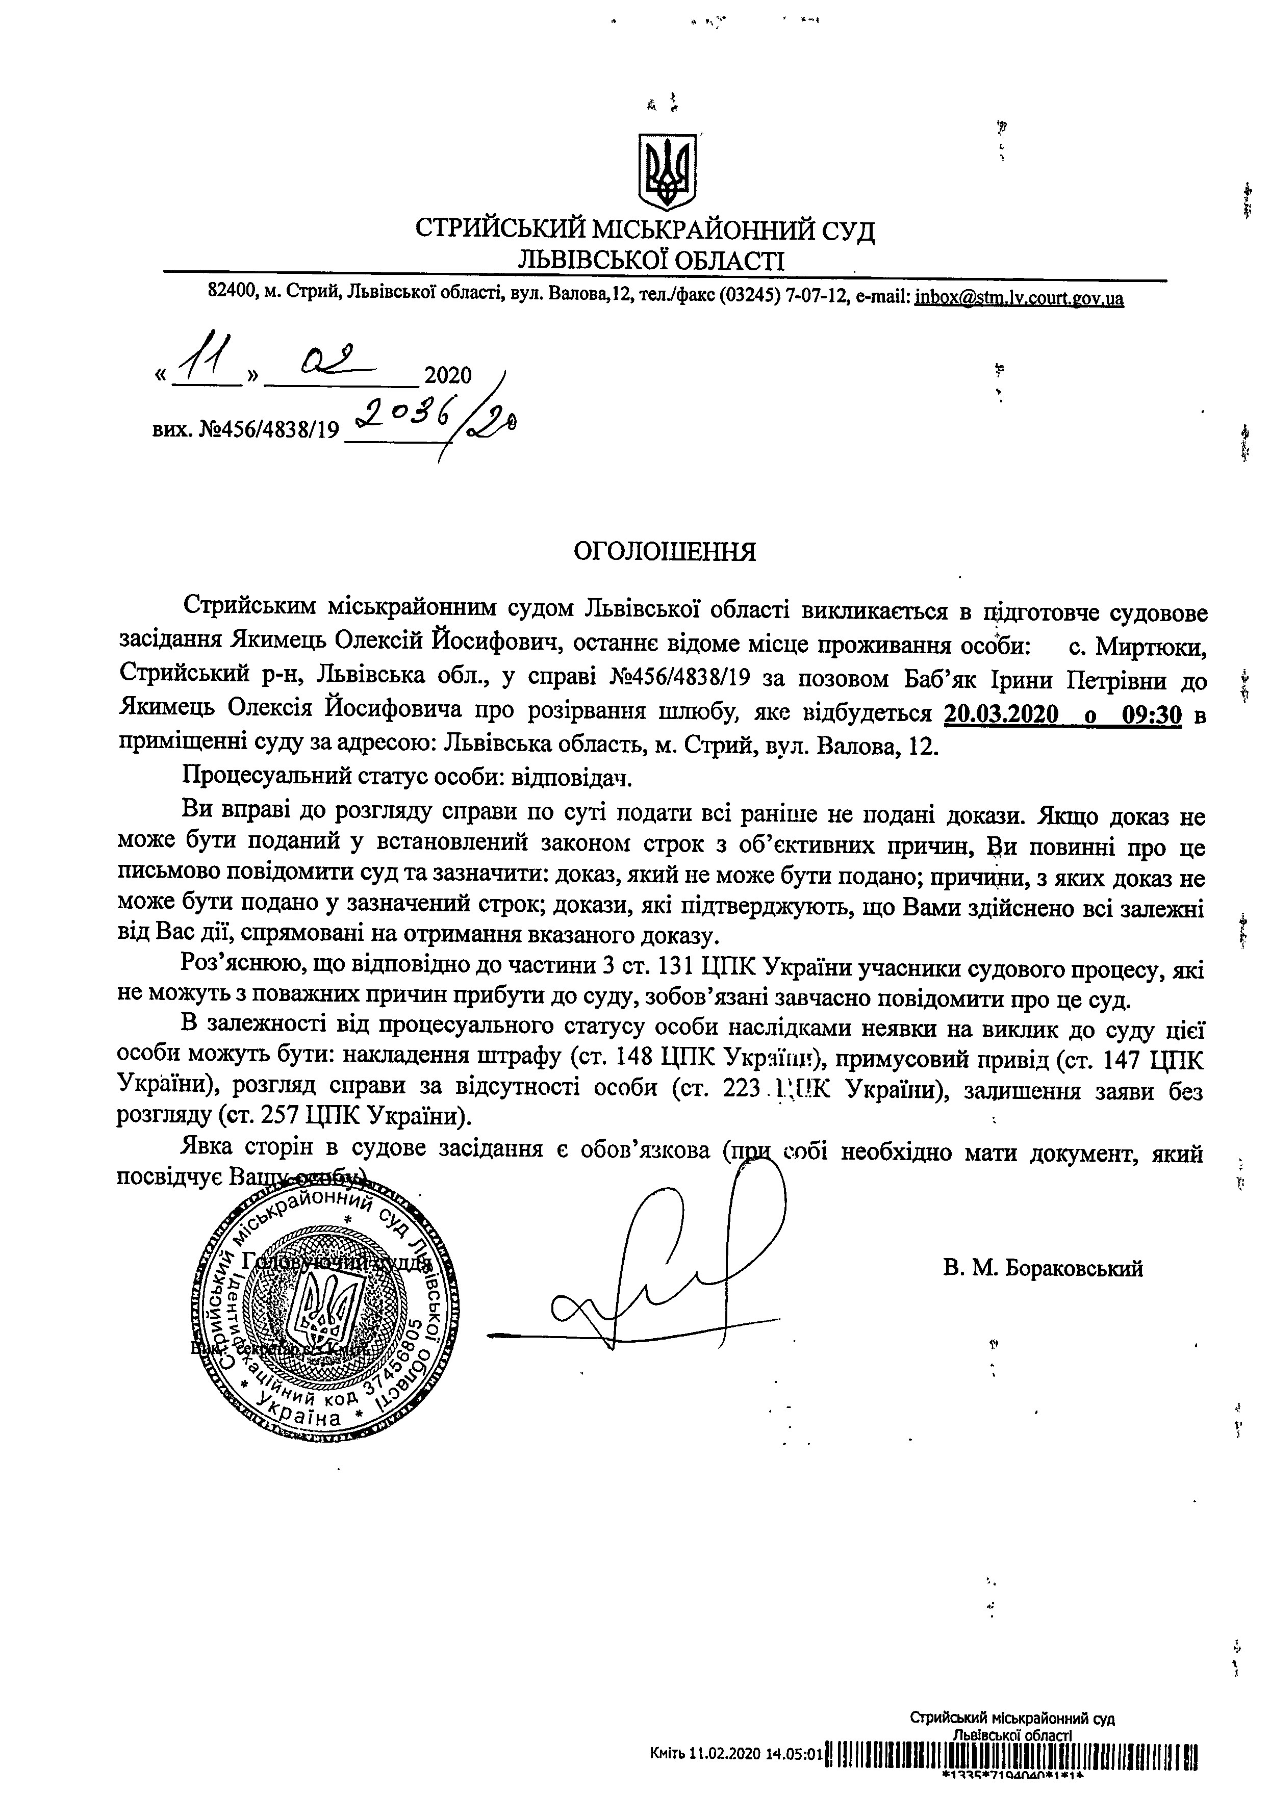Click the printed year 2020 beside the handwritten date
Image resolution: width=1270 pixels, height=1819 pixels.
pyautogui.click(x=448, y=375)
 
